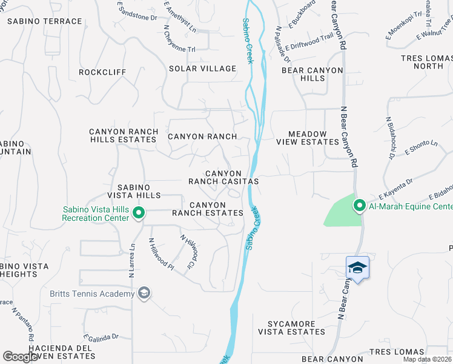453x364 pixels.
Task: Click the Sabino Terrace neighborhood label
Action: [44, 21]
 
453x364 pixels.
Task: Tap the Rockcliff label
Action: [102, 72]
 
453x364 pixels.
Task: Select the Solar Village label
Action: [202, 69]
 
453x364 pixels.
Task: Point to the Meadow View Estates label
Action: [307, 138]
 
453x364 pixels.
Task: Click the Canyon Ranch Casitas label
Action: [223, 177]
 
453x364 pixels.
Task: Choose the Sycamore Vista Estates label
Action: [291, 328]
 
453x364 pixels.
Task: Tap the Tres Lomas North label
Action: [426, 62]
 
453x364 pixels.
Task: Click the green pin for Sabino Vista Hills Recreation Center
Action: [139, 212]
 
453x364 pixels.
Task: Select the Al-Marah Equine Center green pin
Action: [359, 206]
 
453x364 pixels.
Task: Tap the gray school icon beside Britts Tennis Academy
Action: [144, 294]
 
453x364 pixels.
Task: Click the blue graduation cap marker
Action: [357, 268]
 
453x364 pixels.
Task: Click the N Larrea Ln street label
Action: [131, 261]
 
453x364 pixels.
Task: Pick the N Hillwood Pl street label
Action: [162, 254]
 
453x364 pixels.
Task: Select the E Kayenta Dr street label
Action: [395, 188]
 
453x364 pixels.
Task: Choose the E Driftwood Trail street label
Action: [309, 42]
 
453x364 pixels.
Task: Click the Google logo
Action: [20, 356]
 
